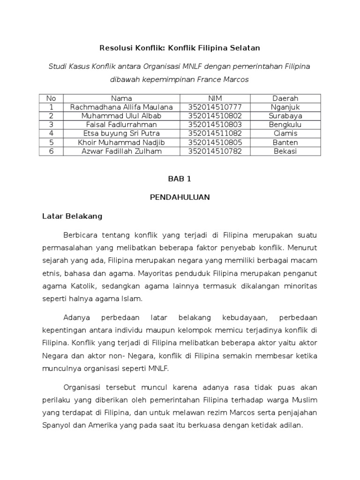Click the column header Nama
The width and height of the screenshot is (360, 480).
[121, 98]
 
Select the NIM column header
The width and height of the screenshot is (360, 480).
[215, 98]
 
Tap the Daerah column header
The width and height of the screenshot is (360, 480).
[285, 98]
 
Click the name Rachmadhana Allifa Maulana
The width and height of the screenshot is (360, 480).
[121, 107]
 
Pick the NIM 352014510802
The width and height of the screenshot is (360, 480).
[215, 116]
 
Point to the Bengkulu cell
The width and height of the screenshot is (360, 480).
[285, 125]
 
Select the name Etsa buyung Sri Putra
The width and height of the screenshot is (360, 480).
[121, 134]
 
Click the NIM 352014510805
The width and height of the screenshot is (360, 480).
[215, 142]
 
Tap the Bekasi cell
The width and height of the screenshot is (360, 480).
[285, 151]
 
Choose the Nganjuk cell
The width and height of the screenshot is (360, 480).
[285, 107]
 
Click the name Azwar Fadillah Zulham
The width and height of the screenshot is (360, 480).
[121, 151]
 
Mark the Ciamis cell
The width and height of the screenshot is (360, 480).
[285, 134]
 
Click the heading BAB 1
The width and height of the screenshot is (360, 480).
[180, 179]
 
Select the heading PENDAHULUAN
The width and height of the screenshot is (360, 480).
[180, 197]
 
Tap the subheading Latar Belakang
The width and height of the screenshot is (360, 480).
[72, 216]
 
